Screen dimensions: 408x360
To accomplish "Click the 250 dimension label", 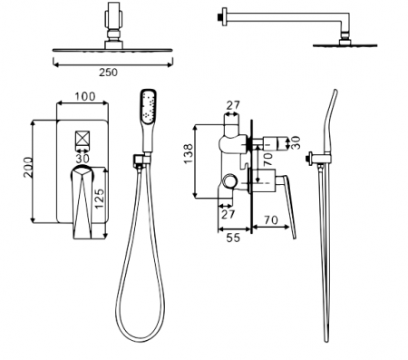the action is (108, 73).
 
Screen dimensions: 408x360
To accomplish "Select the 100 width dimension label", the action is (85, 96).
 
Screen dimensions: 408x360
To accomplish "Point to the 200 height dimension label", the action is (28, 167).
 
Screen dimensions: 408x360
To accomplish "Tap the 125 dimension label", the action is (99, 199).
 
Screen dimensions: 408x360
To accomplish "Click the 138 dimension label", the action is (189, 154).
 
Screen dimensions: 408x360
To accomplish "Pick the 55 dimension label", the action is (233, 238).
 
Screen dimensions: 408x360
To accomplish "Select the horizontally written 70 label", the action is (271, 220).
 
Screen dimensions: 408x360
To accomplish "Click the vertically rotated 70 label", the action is (267, 159).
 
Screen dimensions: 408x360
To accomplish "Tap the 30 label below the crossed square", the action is (83, 158).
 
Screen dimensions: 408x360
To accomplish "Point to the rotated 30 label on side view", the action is (296, 142).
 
